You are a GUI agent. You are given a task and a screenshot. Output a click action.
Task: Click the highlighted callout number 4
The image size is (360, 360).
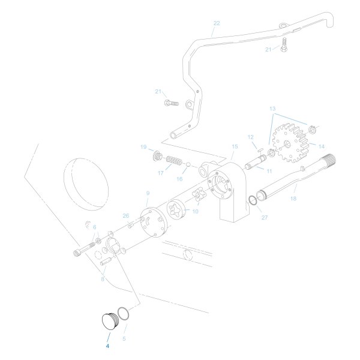(107, 346)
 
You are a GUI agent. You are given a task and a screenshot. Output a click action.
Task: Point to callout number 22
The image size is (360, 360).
(217, 23)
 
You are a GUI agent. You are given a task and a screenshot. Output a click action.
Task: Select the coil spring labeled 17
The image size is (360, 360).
(173, 161)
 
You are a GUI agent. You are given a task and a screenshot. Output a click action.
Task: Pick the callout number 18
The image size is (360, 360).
(293, 197)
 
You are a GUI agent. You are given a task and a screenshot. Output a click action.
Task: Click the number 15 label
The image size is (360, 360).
(235, 146)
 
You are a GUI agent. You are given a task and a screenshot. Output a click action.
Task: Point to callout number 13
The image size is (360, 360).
(272, 109)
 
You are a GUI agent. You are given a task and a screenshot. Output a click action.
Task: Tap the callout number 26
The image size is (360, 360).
(125, 215)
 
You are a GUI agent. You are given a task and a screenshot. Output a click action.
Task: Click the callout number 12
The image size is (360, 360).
(251, 137)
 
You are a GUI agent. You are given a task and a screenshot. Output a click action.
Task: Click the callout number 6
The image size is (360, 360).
(94, 227)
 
